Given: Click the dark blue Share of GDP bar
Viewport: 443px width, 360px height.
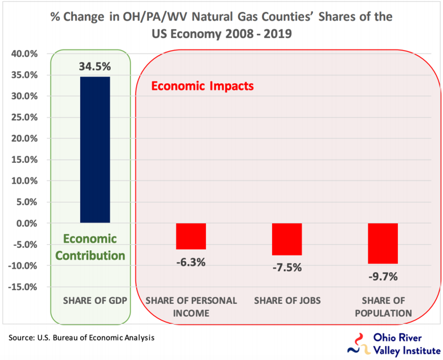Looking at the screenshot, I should point(95,149).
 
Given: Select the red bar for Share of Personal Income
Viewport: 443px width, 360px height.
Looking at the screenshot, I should point(191,236).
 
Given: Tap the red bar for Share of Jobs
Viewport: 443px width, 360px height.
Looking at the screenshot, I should point(287,239).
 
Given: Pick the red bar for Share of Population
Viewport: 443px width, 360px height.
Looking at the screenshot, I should point(383,243).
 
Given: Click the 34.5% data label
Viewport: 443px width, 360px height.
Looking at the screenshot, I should point(95,66).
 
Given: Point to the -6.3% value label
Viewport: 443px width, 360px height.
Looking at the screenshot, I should point(191,262).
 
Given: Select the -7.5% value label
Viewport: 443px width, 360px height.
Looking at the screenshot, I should point(287,267).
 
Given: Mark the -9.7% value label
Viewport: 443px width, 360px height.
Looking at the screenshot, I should point(383,276).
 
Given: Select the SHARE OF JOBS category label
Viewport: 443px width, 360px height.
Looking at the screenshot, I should point(287,301).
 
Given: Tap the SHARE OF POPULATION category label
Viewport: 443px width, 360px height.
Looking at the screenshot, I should point(383,307).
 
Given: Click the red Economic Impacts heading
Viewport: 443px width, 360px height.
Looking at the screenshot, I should point(202,86).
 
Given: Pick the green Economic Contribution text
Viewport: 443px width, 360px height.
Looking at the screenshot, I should point(90,247).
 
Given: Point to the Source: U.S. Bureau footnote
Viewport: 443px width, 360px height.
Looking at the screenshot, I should point(82,338).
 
